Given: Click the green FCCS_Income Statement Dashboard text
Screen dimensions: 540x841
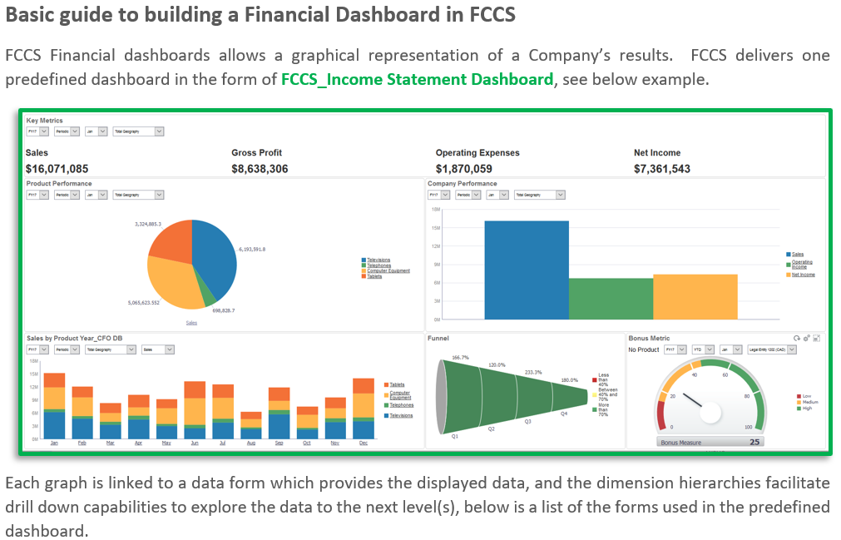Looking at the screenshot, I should [x=417, y=80].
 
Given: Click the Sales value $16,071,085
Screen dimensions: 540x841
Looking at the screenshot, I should [x=57, y=169].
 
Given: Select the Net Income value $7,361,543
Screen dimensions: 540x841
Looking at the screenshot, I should [x=662, y=169].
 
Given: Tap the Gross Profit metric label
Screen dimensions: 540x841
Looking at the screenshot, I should [x=256, y=153].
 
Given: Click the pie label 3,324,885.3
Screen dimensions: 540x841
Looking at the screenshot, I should [x=148, y=224].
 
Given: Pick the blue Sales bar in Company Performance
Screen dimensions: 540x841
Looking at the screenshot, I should [x=526, y=270].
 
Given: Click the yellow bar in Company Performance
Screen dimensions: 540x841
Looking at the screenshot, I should [x=695, y=296].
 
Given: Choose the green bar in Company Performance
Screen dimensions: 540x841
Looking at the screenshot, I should [x=611, y=299].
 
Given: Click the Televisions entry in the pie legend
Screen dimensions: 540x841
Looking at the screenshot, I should [x=378, y=260].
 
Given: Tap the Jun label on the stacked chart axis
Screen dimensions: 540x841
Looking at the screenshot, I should [x=194, y=443].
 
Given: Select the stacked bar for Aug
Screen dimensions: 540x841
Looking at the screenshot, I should [x=250, y=425].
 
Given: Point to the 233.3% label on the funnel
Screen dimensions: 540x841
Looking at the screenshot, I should [x=534, y=372].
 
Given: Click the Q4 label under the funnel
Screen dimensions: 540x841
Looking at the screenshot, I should [x=564, y=414].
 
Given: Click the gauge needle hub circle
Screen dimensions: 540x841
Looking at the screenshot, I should [x=711, y=410].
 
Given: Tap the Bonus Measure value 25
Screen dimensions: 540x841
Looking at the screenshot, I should [x=754, y=442].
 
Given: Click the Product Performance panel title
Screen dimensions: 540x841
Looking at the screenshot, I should [x=59, y=184].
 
